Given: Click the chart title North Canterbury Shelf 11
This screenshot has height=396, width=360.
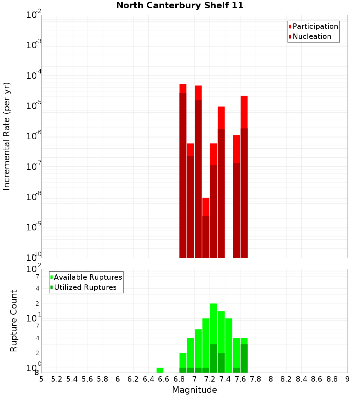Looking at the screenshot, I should tap(180, 6).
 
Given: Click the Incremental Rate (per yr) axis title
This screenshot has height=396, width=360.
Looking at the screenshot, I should tap(7, 136).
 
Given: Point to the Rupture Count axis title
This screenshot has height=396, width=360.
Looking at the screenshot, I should tap(14, 321).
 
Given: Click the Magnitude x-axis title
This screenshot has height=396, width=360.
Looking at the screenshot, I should tap(194, 390).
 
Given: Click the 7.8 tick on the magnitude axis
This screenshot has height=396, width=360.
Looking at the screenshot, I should tap(256, 379).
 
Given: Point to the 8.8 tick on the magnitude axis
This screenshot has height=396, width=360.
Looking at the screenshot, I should tap(332, 379).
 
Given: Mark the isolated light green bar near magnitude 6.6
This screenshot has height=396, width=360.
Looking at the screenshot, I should tap(160, 370).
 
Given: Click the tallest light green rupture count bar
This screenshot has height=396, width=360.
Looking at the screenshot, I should tap(213, 324).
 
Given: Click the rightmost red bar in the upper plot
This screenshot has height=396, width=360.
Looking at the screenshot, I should tap(244, 176).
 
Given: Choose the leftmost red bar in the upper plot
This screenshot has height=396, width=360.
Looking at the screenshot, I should tap(183, 171).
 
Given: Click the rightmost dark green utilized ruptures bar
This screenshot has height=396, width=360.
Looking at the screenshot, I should tap(244, 358).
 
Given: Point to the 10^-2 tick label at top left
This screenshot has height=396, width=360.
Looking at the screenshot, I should tap(34, 15).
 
